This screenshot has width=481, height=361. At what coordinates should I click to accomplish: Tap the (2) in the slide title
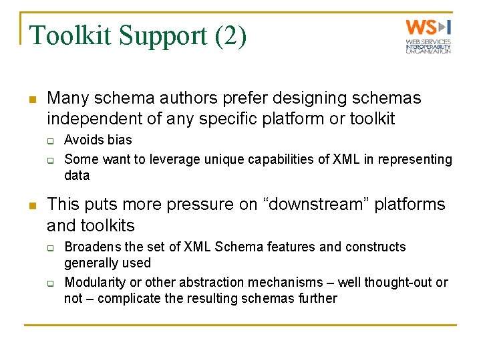pos(231,35)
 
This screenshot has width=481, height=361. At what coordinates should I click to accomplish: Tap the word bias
pos(119,140)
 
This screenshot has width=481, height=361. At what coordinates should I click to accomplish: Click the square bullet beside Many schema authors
pos(31,100)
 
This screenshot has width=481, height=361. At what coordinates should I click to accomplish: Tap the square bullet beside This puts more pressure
pos(31,205)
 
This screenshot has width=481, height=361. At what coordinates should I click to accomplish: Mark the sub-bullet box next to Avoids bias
pos(49,141)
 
